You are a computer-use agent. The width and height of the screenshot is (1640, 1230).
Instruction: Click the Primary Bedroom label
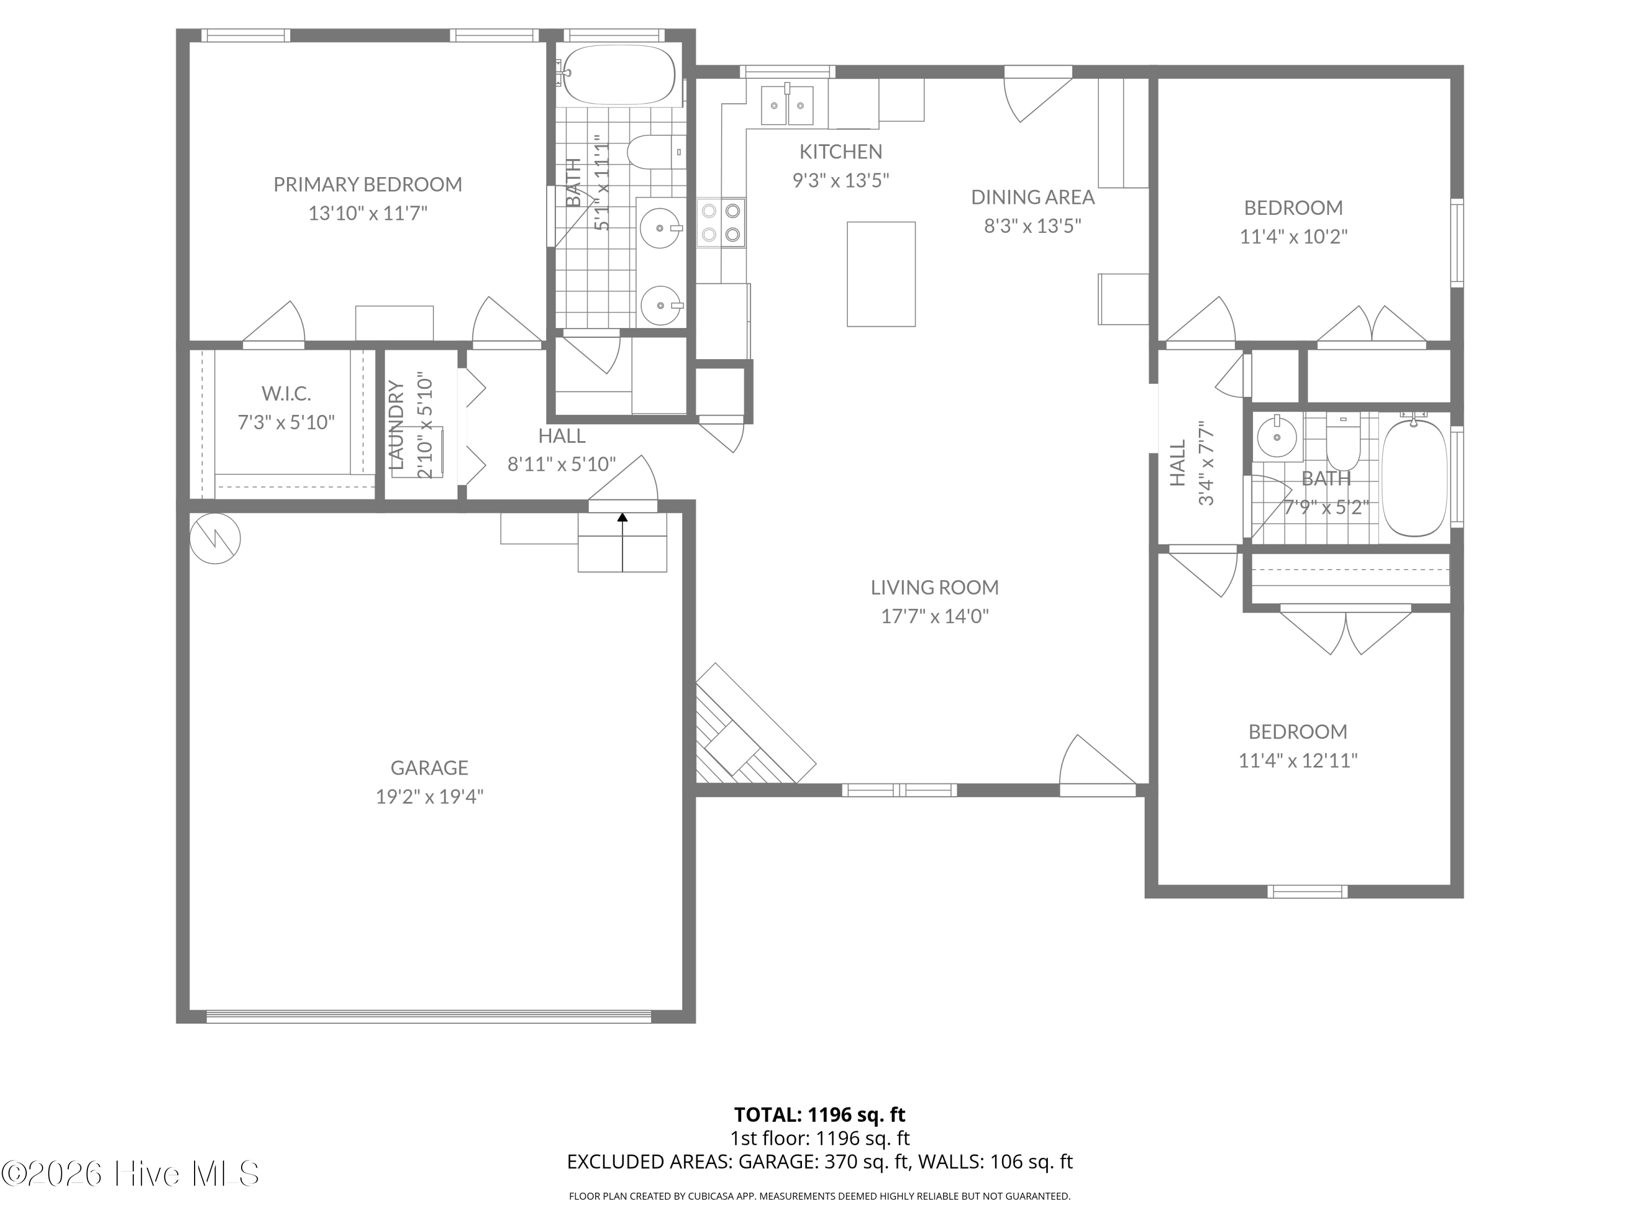tap(368, 184)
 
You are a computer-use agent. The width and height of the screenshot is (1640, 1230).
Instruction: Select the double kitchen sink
tap(787, 104)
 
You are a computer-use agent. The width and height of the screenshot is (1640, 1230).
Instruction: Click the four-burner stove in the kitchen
tap(722, 222)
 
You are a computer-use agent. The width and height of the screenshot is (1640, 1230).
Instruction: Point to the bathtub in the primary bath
tap(619, 74)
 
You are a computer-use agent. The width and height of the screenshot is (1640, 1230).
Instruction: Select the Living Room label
tap(934, 587)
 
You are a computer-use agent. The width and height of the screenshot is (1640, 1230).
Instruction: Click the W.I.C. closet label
tap(286, 393)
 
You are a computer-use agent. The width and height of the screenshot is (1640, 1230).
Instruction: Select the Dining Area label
tap(1033, 197)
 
